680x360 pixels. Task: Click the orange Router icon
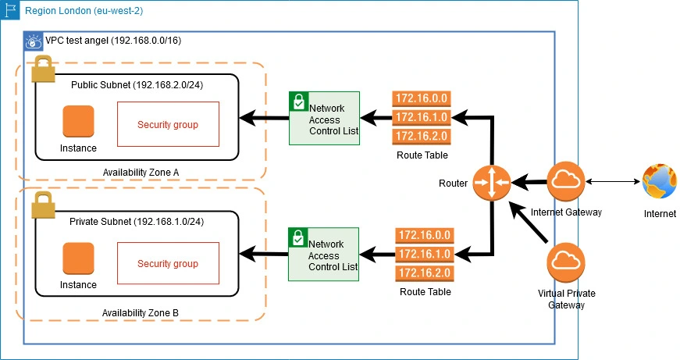coord(491,183)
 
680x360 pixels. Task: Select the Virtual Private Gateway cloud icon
coord(567,262)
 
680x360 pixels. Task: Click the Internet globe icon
coord(660,183)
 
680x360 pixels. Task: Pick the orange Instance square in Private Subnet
coord(78,258)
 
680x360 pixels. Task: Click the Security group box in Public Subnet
coord(167,124)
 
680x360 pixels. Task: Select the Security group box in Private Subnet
coord(167,263)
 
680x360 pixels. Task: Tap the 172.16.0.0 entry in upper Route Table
coord(421,99)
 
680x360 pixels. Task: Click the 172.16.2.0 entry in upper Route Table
coord(421,136)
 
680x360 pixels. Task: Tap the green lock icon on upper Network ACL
coord(298,101)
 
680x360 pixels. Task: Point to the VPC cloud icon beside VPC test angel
coord(34,41)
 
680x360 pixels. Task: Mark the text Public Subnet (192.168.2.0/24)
coord(137,84)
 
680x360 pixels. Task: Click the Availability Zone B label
coord(141,312)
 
